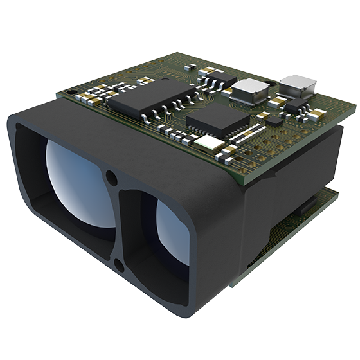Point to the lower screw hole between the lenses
click(x=118, y=264)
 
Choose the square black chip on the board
click(x=217, y=118)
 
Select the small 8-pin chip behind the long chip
click(x=221, y=78)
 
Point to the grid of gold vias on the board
click(x=286, y=138)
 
